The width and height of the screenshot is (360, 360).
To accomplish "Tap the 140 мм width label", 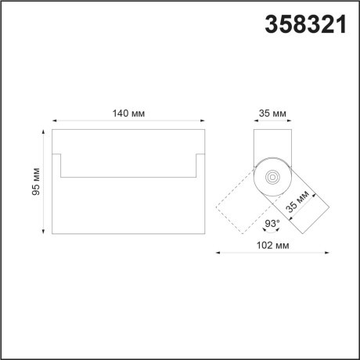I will (x=128, y=113).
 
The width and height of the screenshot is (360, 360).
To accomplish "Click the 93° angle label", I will (x=272, y=224).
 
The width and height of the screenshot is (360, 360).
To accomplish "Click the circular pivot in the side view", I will (x=272, y=178).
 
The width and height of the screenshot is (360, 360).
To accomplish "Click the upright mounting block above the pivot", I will (x=272, y=149).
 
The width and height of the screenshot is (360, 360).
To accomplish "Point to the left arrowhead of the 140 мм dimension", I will (x=54, y=122).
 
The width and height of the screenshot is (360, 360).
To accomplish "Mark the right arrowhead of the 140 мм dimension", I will (x=203, y=122).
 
